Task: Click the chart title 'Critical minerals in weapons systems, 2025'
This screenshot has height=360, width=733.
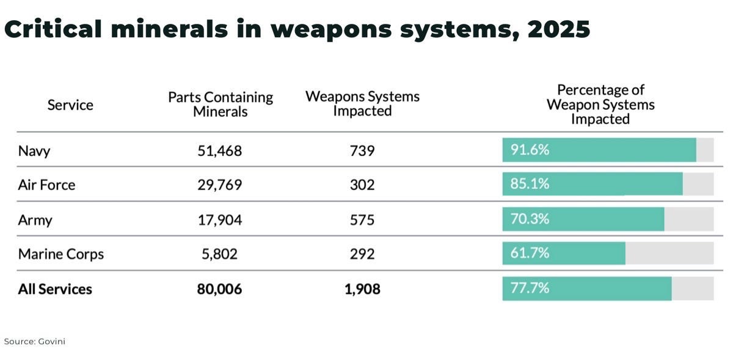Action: click(x=297, y=29)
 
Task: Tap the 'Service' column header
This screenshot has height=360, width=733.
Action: click(x=70, y=105)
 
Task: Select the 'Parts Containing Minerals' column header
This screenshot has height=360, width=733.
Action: click(x=221, y=105)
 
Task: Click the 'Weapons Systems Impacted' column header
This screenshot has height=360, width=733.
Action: click(x=362, y=104)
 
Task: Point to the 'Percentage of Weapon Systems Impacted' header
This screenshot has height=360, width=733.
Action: click(x=600, y=105)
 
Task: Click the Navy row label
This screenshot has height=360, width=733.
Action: click(x=34, y=150)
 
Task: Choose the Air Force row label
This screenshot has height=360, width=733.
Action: click(x=46, y=185)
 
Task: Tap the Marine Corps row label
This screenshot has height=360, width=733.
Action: click(x=61, y=254)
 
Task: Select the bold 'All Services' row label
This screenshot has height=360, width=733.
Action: click(x=55, y=288)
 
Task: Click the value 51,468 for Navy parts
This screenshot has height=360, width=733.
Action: click(x=219, y=150)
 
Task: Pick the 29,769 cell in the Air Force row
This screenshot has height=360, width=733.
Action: click(x=219, y=185)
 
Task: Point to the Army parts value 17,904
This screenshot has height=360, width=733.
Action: click(x=219, y=219)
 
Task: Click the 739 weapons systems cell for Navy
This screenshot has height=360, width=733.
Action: click(x=362, y=150)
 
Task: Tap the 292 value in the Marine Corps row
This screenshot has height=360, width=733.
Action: click(x=362, y=254)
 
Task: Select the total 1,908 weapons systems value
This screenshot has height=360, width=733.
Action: click(x=362, y=288)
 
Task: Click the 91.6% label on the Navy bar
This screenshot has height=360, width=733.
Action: click(x=530, y=150)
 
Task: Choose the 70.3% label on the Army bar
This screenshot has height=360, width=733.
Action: click(x=530, y=219)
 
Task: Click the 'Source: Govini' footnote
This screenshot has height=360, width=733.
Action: click(x=34, y=342)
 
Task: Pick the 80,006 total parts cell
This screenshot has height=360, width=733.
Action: click(x=219, y=288)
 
